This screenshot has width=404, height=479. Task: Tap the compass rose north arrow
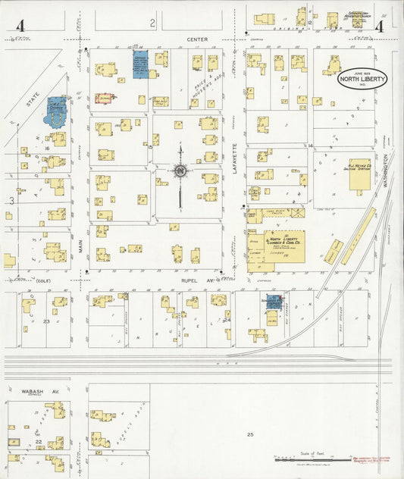[180, 171]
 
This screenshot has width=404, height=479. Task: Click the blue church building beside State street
[57, 112]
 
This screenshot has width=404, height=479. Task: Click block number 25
[249, 434]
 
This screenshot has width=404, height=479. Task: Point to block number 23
[46, 321]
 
